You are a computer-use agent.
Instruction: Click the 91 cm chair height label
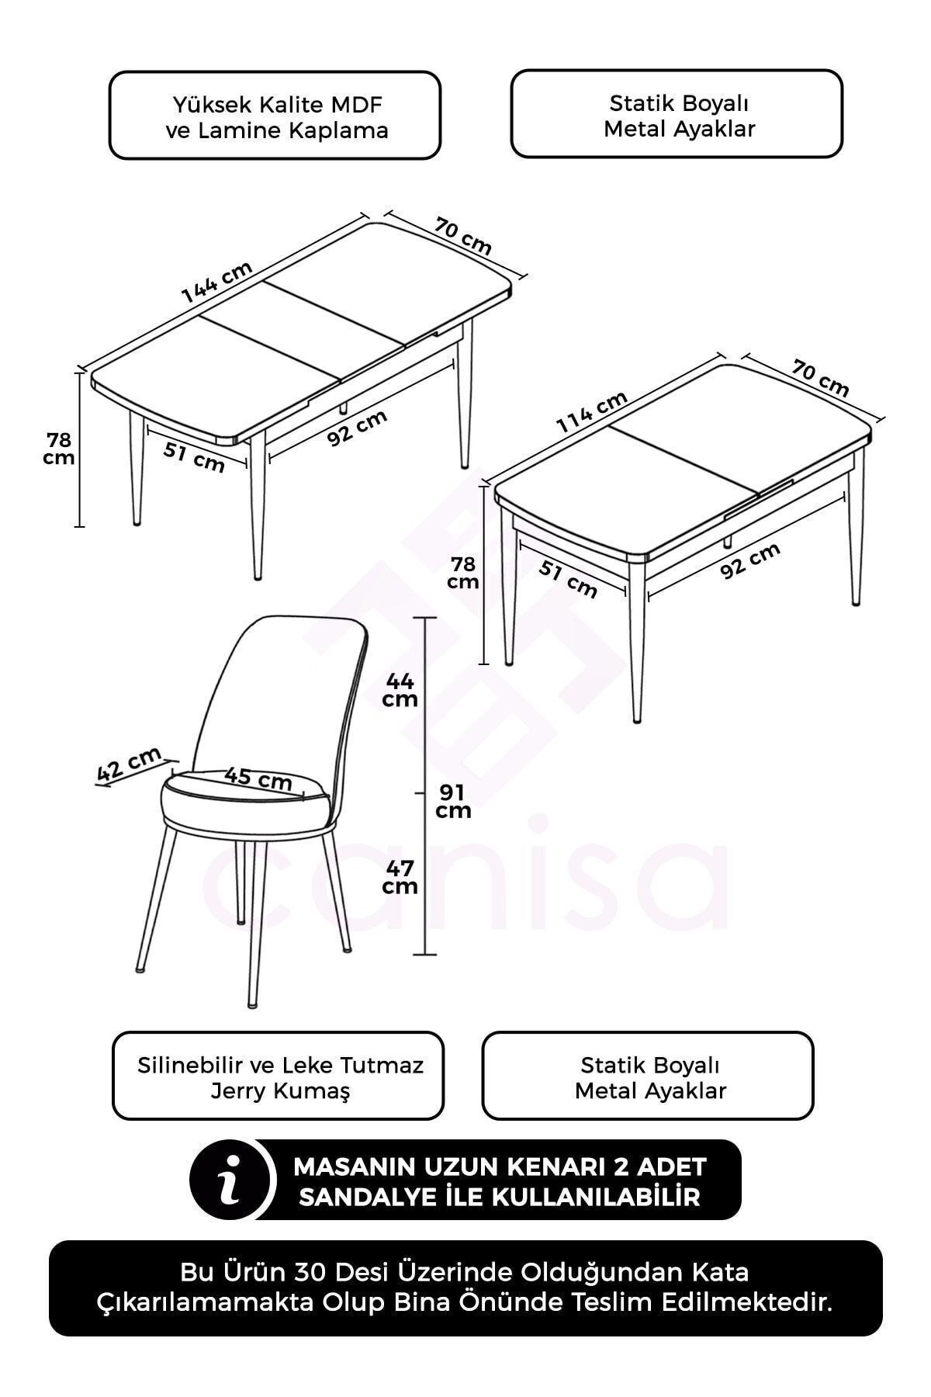453,802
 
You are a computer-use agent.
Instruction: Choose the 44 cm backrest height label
400,690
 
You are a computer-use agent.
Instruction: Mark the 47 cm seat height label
400,877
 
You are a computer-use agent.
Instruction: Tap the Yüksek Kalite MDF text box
275,116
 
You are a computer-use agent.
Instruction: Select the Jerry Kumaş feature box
279,1076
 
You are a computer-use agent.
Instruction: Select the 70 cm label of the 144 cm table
463,236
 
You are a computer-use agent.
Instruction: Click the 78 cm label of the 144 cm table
59,449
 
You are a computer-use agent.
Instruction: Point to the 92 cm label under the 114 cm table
750,560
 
